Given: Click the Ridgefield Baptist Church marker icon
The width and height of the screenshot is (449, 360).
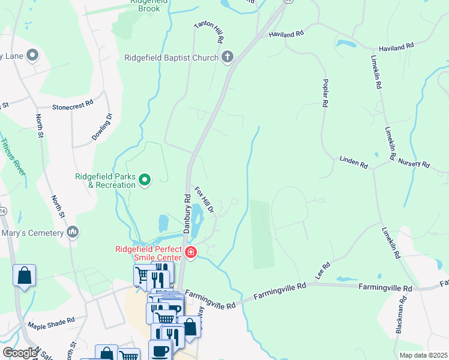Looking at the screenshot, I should pos(227,58).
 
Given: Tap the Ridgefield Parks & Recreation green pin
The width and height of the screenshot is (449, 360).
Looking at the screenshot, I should pos(145,179).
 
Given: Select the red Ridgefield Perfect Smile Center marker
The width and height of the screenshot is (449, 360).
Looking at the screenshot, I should pos(190,252).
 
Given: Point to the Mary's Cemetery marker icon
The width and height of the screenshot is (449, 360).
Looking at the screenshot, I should pos(73,232).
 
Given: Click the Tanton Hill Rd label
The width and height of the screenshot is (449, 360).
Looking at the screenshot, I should pos(209,33).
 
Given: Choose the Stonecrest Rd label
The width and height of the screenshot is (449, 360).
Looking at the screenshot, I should pos(73,104).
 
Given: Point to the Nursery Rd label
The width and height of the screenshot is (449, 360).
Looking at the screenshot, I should pos(414,164).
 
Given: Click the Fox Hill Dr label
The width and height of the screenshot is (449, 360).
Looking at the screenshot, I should pos(204,200).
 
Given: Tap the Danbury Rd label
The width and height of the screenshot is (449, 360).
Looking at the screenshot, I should pos(186,214).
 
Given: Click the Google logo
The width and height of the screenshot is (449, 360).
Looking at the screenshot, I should pos(19,353).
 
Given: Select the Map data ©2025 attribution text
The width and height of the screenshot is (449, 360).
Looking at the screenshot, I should pos(423,355).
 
